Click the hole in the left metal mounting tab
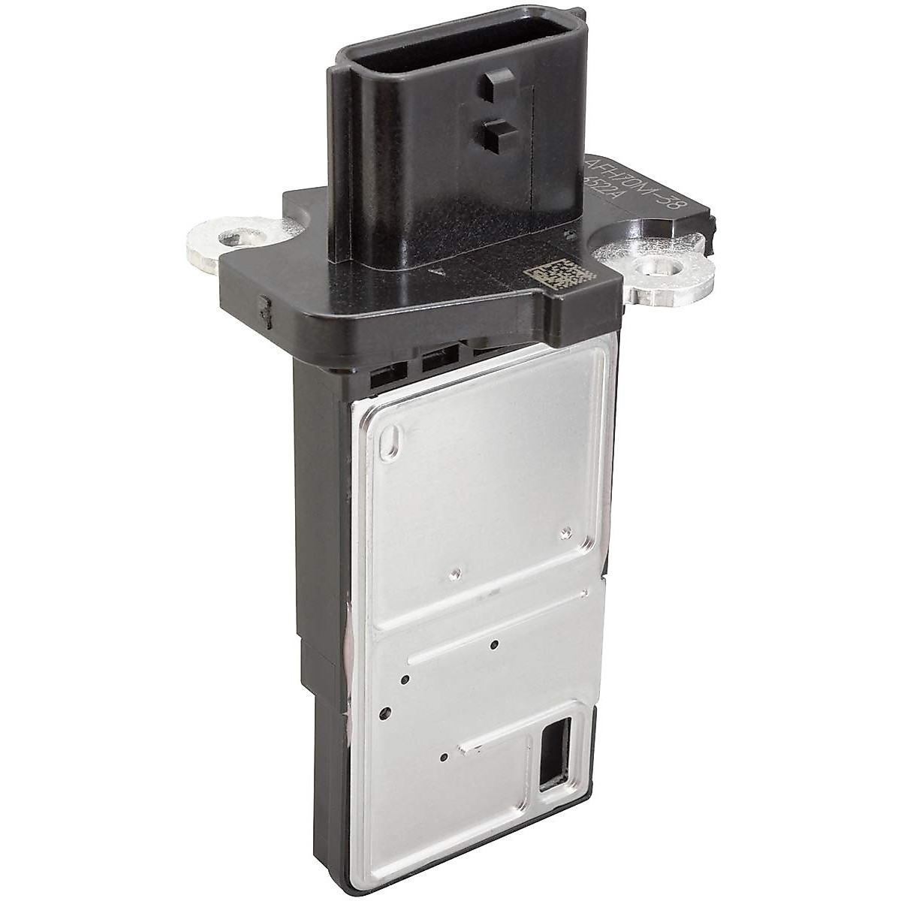pos(234,240)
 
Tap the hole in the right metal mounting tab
pos(649,267)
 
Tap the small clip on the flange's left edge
pos(265,306)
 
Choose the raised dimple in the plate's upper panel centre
pos(452,575)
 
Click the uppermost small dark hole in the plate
pos(493,644)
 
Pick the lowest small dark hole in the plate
pos(444,758)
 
